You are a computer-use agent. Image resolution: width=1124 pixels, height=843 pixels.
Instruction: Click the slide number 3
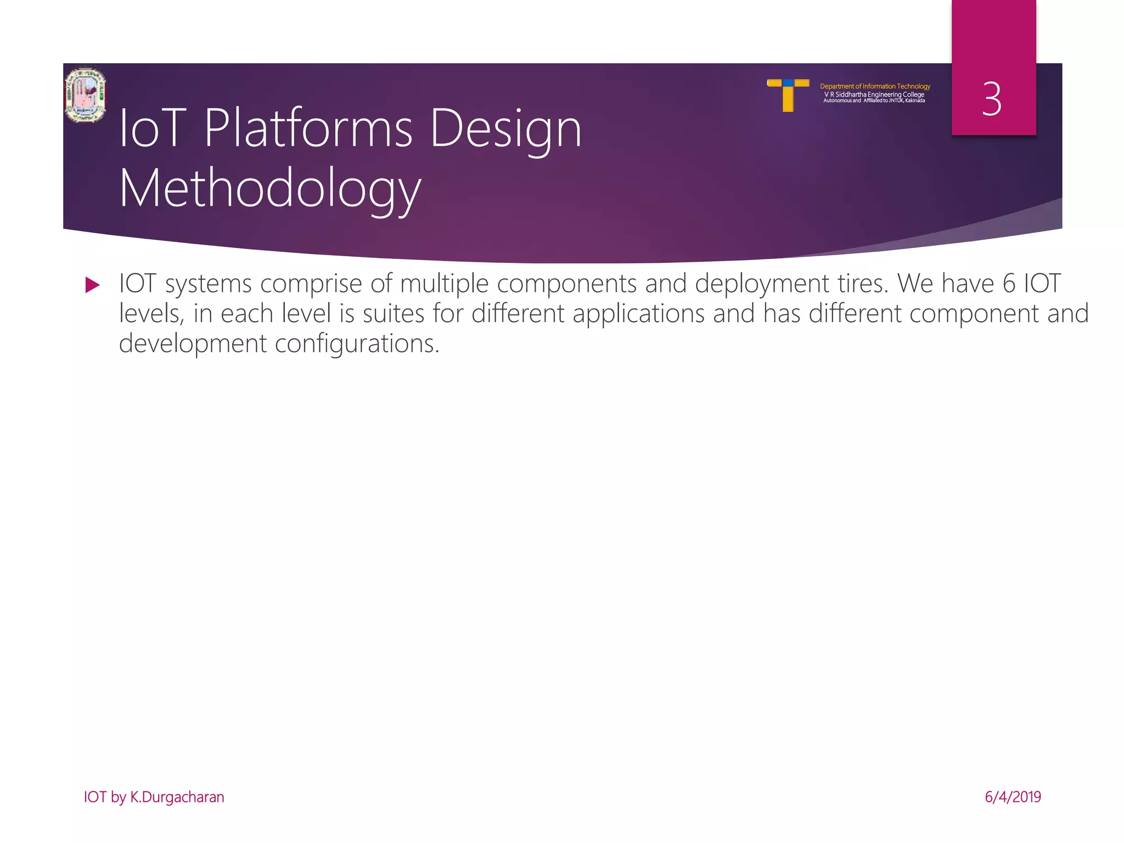pyautogui.click(x=992, y=99)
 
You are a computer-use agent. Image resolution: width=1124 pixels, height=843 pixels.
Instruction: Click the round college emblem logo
pyautogui.click(x=85, y=95)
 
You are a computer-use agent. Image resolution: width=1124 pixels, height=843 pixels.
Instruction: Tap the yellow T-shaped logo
pyautogui.click(x=788, y=94)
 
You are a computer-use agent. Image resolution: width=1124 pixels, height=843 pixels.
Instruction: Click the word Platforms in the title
pyautogui.click(x=308, y=129)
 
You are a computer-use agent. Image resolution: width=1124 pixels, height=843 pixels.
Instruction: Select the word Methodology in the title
pyautogui.click(x=270, y=189)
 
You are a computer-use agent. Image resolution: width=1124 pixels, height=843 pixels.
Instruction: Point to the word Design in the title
pyautogui.click(x=505, y=129)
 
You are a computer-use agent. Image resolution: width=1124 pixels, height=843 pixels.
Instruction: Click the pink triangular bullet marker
pyautogui.click(x=93, y=285)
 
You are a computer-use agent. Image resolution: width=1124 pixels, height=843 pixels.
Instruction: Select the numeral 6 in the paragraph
pyautogui.click(x=1009, y=284)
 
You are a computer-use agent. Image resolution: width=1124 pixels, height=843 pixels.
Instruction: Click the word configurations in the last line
pyautogui.click(x=357, y=344)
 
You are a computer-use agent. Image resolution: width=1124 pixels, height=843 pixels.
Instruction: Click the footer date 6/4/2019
pyautogui.click(x=1013, y=797)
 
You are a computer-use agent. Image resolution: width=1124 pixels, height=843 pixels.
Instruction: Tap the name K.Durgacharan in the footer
pyautogui.click(x=177, y=797)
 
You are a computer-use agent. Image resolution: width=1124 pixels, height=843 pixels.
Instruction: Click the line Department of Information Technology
pyautogui.click(x=875, y=86)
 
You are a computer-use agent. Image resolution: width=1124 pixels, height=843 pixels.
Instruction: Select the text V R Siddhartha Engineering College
pyautogui.click(x=874, y=94)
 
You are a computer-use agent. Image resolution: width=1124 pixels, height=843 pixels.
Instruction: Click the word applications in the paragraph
pyautogui.click(x=638, y=314)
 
